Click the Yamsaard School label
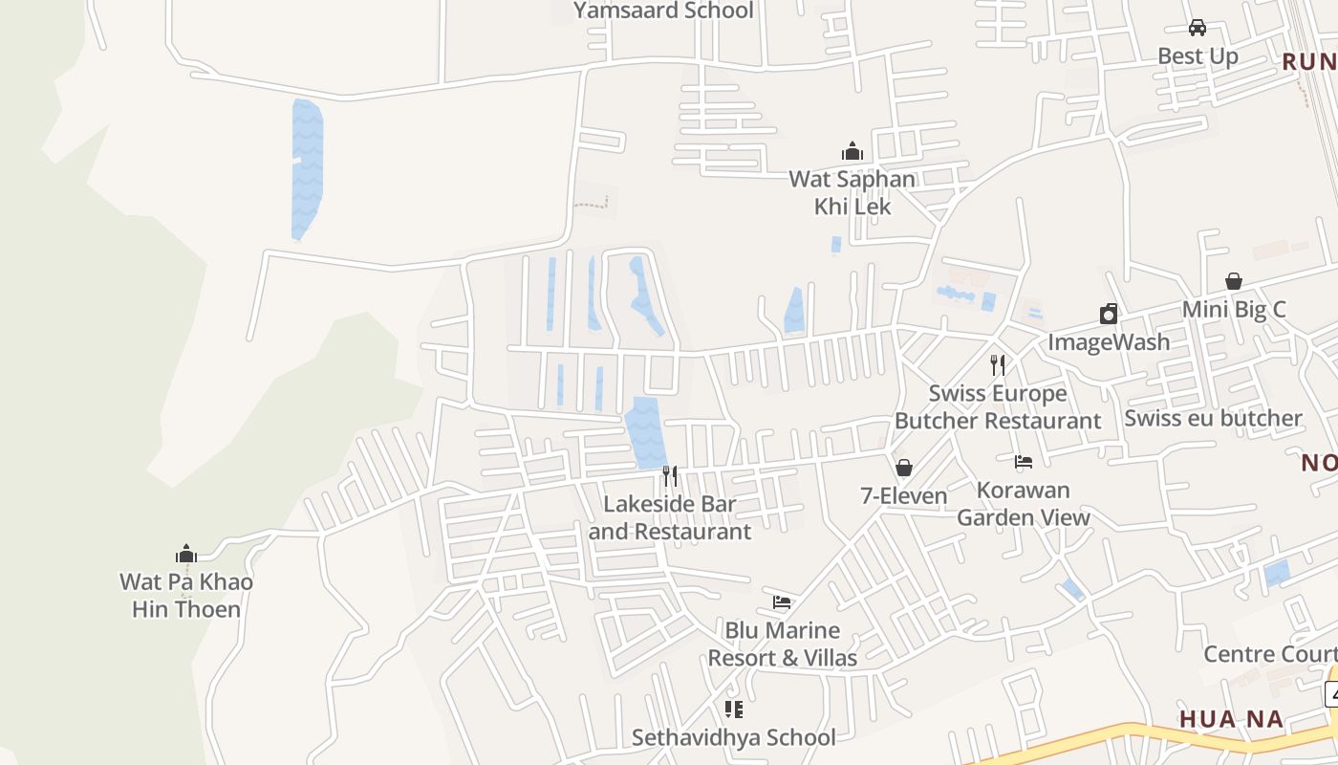pos(663,11)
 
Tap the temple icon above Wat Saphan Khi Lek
pos(852,151)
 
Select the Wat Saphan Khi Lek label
pos(852,192)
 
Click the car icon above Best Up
pos(1198,28)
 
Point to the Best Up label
pos(1198,56)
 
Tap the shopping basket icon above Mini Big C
pos(1234,281)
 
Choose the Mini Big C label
pos(1234,309)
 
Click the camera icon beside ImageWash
pos(1109,314)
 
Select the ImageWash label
pos(1109,341)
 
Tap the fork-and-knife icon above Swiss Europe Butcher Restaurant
pos(998,364)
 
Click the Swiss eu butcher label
pos(1213,418)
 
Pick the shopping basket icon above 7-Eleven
pos(903,468)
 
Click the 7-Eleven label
pos(903,495)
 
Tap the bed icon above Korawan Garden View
pos(1024,462)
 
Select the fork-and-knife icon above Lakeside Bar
pos(670,475)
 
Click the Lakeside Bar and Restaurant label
pos(670,517)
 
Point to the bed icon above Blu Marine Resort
pos(782,602)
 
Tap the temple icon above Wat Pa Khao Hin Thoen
pos(186,554)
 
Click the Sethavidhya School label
pos(733,737)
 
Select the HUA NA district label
pos(1231,719)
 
